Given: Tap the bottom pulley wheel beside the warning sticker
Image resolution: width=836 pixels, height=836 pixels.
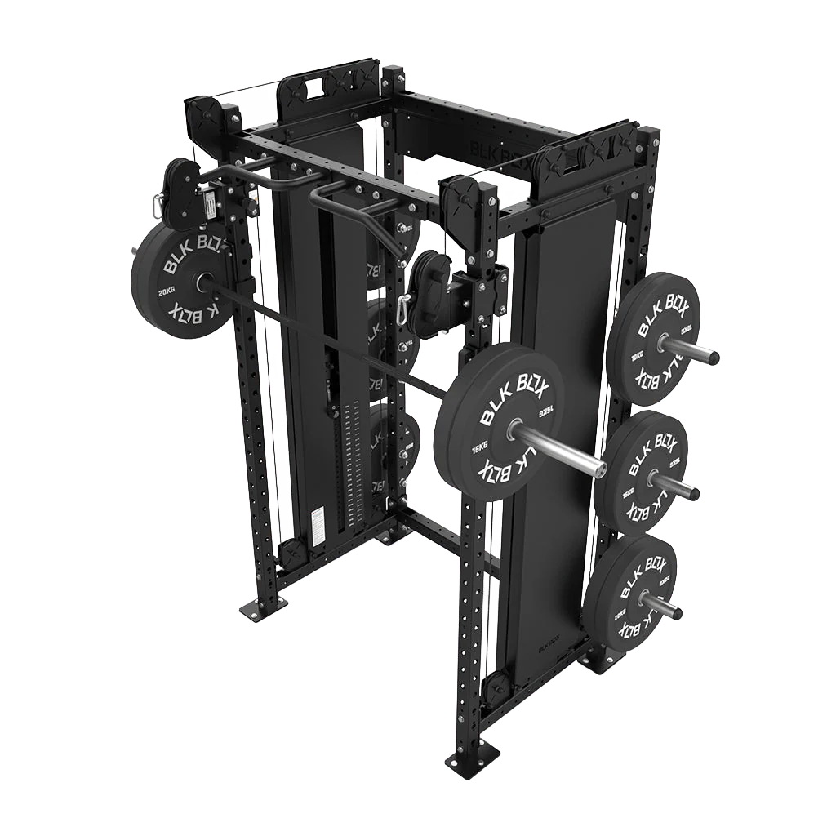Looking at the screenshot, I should point(291,551).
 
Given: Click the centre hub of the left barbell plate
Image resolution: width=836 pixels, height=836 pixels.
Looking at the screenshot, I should point(198,280).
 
